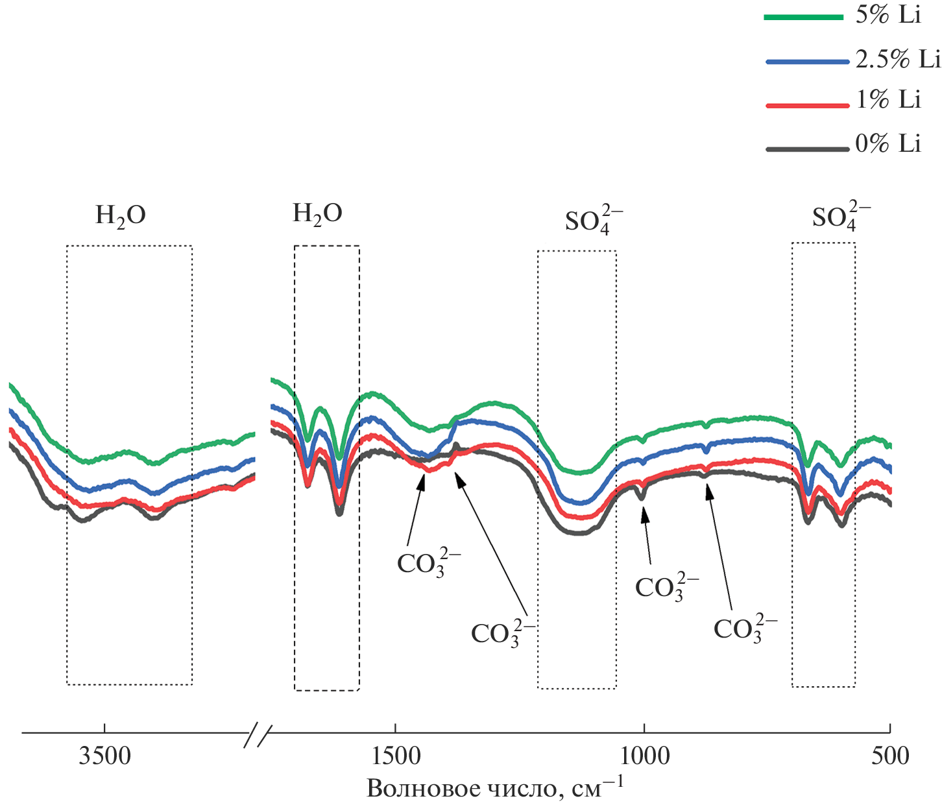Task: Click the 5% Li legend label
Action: click(888, 14)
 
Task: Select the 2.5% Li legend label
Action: click(897, 59)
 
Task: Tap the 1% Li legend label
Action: click(888, 100)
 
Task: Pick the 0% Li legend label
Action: click(888, 143)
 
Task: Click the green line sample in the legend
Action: click(804, 18)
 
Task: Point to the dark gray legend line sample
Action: click(807, 149)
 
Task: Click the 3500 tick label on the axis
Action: click(104, 756)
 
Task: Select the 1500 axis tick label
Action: click(395, 756)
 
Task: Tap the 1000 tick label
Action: click(644, 756)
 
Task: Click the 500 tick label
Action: click(890, 756)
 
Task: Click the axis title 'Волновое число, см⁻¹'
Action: click(494, 787)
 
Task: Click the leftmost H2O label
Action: click(121, 216)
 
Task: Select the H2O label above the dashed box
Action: click(317, 214)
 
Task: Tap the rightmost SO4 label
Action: click(841, 217)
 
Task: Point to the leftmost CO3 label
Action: click(428, 562)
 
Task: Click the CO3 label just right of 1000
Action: click(666, 587)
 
